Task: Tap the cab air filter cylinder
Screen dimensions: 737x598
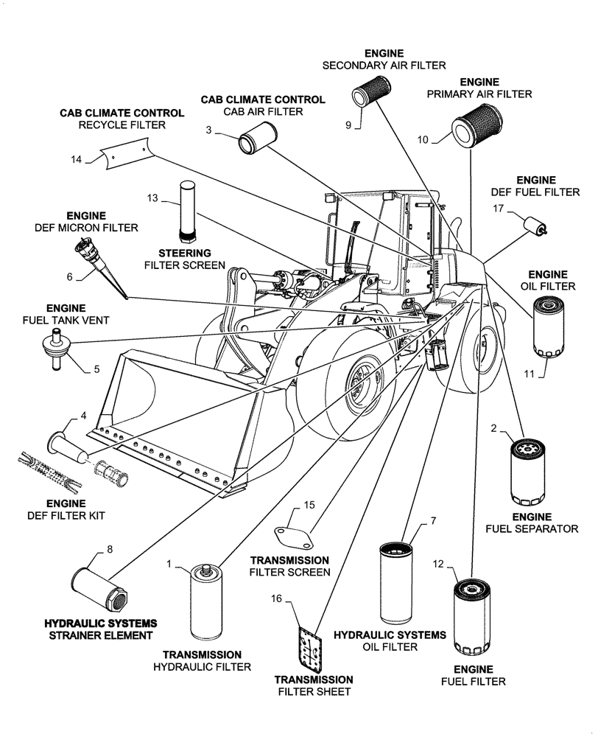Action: coord(256,138)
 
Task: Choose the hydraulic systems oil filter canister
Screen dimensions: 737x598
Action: coord(398,582)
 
